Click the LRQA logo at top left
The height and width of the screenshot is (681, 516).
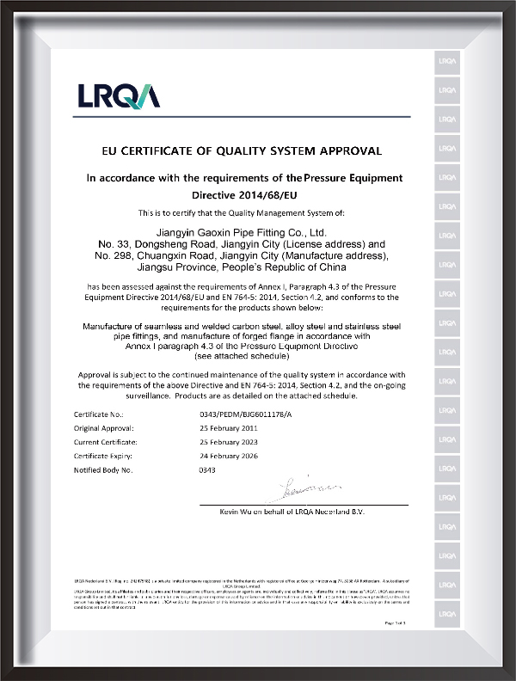119,94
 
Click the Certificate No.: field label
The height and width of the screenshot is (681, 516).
101,414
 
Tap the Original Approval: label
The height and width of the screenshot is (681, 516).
106,428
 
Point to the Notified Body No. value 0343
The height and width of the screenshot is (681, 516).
206,470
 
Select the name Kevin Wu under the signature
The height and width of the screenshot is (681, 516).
237,512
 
